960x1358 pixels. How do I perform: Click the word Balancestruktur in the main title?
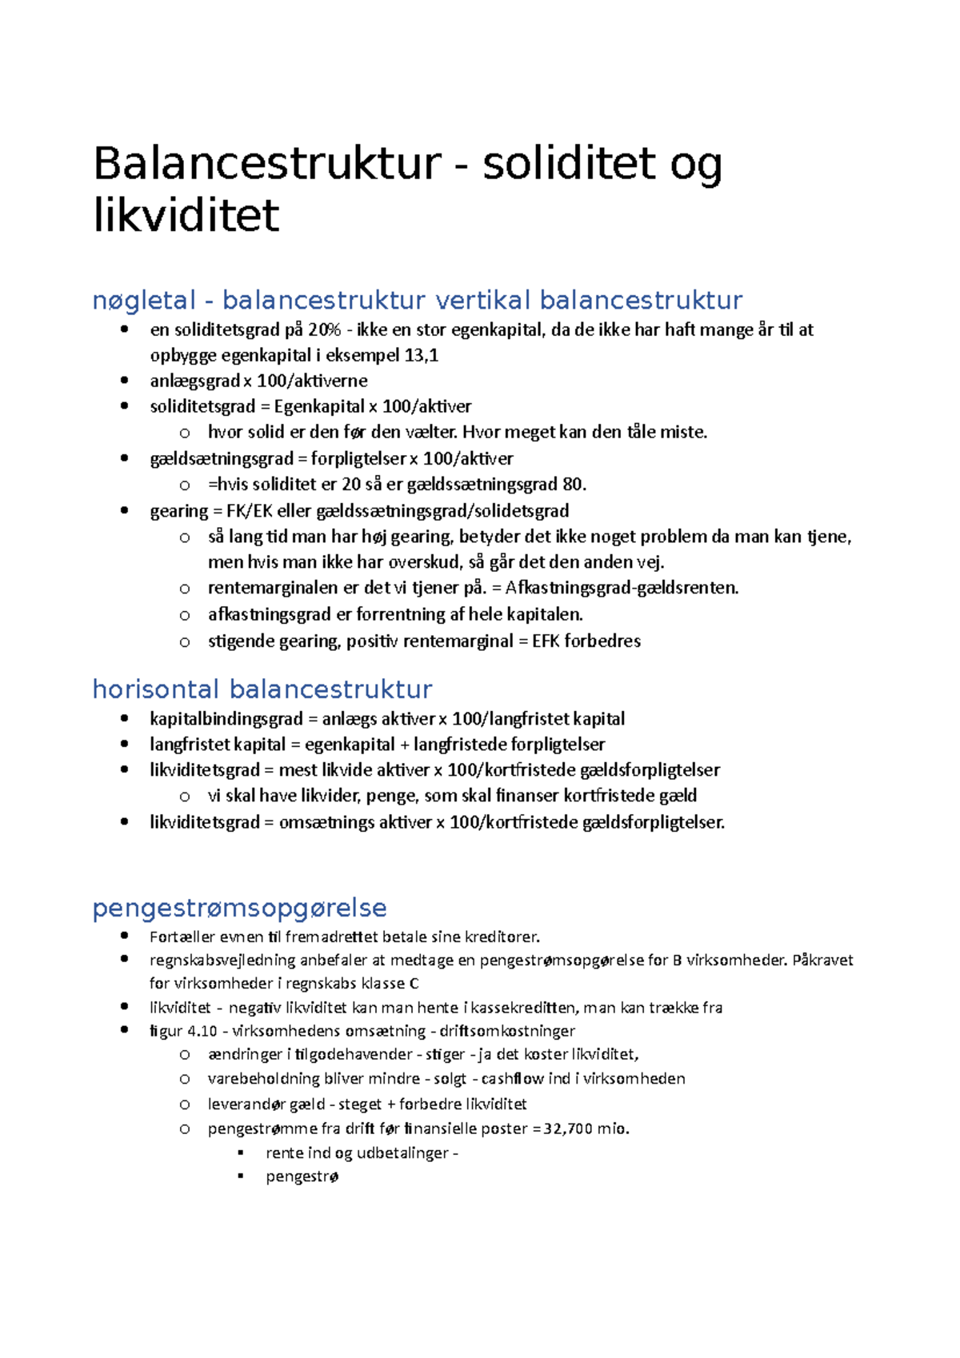[x=267, y=163]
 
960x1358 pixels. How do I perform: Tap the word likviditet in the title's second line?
[x=186, y=216]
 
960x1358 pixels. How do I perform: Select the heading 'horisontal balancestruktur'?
[x=262, y=689]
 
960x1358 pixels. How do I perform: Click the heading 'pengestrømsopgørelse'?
[x=239, y=908]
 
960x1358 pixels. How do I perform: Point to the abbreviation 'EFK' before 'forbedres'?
[x=546, y=641]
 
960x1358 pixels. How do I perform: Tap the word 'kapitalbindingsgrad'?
[x=226, y=718]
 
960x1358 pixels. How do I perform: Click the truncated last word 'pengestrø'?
[x=302, y=1176]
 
